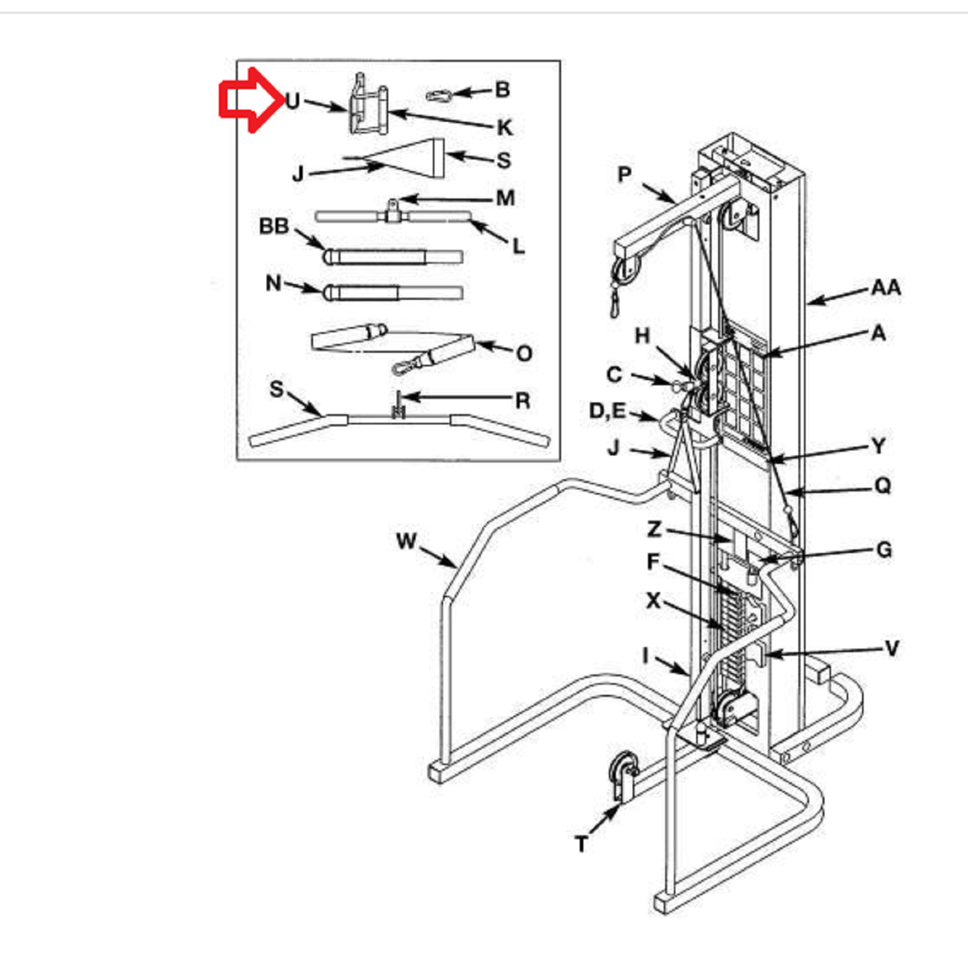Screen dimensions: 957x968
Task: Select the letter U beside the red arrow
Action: [292, 101]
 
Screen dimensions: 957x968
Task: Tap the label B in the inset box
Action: [502, 89]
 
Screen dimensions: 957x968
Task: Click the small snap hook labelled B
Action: [439, 96]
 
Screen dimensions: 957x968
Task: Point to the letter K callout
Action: [504, 127]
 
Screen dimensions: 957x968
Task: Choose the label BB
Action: [274, 226]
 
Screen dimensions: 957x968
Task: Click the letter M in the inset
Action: [506, 198]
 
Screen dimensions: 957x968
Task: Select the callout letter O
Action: [524, 353]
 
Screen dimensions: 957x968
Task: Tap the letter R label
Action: [523, 401]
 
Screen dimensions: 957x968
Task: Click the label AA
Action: [886, 288]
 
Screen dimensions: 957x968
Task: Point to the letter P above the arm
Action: [624, 174]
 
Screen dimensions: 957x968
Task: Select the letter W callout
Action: [406, 541]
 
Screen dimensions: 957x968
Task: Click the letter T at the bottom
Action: [581, 844]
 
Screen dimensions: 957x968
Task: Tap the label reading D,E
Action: [607, 411]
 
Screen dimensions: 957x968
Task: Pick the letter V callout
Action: [891, 649]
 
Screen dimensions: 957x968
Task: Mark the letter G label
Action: [884, 549]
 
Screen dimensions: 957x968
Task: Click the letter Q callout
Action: [883, 486]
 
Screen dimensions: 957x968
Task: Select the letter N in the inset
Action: [273, 283]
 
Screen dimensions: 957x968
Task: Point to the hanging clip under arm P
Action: [615, 304]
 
